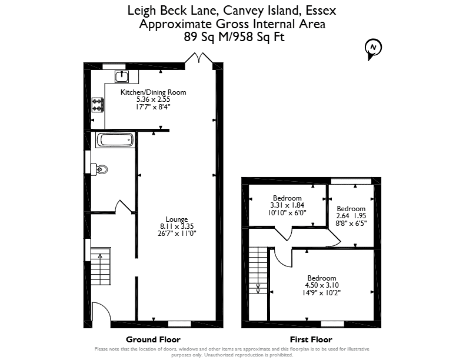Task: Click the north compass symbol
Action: coord(373,49)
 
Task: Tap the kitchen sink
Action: coord(122,76)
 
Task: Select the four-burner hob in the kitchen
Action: coord(98,105)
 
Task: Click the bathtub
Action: coord(115,140)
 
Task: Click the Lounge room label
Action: coord(177,219)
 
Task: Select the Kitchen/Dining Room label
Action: coord(153,92)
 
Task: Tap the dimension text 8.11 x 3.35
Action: coord(177,226)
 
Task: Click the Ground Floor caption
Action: coord(153,339)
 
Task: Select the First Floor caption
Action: coord(311,339)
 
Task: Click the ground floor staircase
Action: coord(101,266)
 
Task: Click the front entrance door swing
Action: coord(102,312)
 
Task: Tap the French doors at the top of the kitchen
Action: coord(199,58)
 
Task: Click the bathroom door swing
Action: coord(124,206)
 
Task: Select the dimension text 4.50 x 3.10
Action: coord(322,285)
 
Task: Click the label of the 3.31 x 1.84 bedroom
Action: coord(287,198)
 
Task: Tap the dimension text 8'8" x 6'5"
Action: coord(351,223)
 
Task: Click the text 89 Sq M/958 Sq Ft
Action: coord(234,37)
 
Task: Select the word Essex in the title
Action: coord(321,11)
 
